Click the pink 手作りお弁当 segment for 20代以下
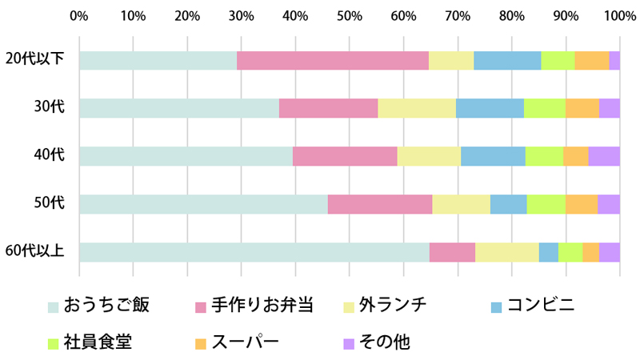tap(332, 60)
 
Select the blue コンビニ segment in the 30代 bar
tap(490, 108)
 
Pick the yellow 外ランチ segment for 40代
tap(429, 156)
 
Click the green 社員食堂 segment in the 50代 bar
tap(546, 204)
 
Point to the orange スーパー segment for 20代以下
tap(592, 60)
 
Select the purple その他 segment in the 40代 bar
tap(604, 156)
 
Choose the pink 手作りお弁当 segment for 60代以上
tap(452, 252)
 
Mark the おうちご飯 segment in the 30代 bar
tap(178, 108)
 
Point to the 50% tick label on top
tap(349, 15)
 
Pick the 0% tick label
tap(78, 15)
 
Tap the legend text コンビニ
tap(541, 305)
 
